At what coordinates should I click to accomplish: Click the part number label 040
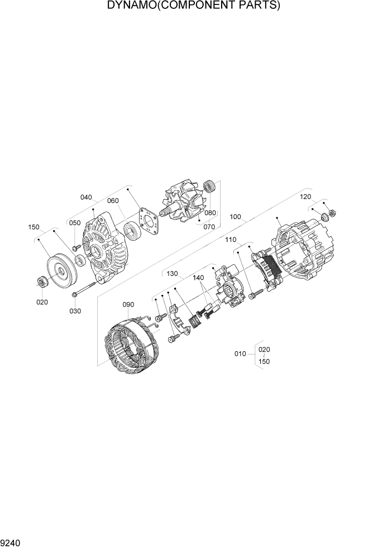pyautogui.click(x=86, y=197)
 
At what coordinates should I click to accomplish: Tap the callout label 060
pyautogui.click(x=113, y=201)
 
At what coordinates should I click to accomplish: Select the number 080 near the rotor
pyautogui.click(x=209, y=213)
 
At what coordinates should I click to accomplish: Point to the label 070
pyautogui.click(x=208, y=227)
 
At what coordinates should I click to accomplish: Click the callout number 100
pyautogui.click(x=235, y=217)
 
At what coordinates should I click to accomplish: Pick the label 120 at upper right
pyautogui.click(x=305, y=197)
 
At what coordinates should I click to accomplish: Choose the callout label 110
pyautogui.click(x=231, y=240)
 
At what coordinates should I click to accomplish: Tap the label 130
pyautogui.click(x=172, y=274)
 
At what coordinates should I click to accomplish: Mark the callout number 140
pyautogui.click(x=198, y=277)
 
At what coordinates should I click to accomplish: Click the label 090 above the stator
pyautogui.click(x=128, y=304)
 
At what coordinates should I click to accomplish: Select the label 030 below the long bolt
pyautogui.click(x=74, y=311)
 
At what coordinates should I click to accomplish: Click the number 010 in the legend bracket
pyautogui.click(x=240, y=353)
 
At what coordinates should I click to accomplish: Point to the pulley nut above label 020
pyautogui.click(x=42, y=283)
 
